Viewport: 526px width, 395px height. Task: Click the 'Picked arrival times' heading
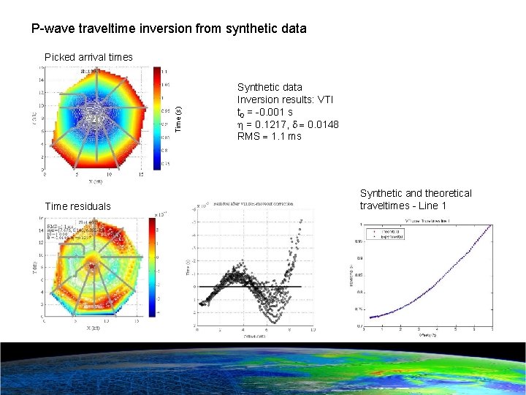point(88,57)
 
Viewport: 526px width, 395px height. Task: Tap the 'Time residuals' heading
point(78,206)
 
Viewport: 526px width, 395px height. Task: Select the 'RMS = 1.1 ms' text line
point(269,136)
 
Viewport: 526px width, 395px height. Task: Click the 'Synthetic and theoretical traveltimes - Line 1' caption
point(415,199)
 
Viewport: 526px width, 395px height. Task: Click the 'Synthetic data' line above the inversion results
point(270,87)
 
